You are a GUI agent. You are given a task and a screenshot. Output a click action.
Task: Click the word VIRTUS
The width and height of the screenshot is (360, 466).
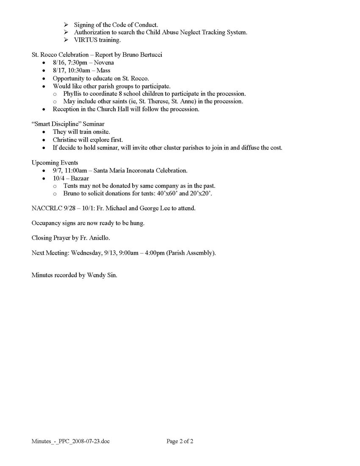coord(85,40)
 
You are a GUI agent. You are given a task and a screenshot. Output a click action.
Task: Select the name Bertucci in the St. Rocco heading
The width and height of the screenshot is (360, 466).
coord(149,55)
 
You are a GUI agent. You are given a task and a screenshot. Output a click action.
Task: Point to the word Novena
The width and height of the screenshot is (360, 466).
coord(104,63)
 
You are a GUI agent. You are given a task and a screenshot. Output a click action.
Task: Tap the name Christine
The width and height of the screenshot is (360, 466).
coord(66,140)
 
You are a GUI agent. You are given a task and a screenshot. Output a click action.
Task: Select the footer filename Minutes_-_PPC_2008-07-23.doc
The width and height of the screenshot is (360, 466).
coord(70,441)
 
